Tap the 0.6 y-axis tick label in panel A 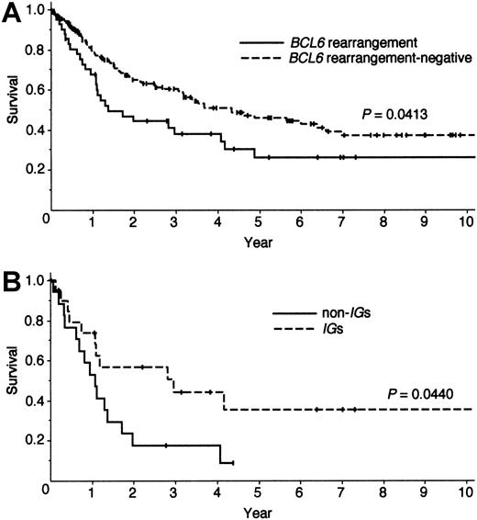[34, 91]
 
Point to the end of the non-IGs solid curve [234, 462]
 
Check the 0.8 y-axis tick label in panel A [34, 51]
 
